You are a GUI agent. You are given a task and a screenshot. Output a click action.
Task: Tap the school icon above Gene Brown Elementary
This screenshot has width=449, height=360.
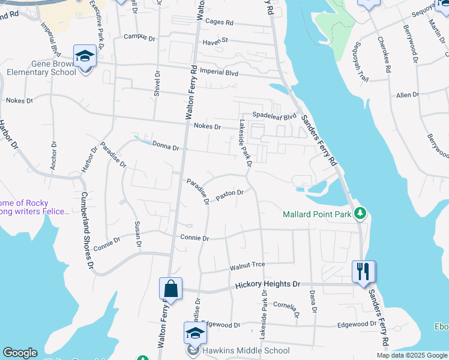(85, 56)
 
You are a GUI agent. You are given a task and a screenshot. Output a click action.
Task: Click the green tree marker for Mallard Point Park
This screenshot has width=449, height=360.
(360, 213)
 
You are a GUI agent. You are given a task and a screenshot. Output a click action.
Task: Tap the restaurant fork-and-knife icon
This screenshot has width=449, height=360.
(363, 271)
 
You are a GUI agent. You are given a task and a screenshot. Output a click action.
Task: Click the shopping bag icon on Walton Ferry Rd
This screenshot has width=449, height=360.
(170, 289)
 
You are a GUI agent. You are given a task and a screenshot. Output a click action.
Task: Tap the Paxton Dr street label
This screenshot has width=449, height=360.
(229, 196)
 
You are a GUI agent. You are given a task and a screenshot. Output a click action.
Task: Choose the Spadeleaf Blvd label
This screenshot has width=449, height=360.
(274, 116)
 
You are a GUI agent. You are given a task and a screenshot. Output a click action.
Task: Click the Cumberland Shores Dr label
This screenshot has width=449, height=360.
(88, 230)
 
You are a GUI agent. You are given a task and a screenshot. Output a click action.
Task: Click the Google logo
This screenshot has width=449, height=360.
(20, 353)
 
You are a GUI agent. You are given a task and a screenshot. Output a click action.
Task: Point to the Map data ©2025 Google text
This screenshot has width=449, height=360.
(411, 355)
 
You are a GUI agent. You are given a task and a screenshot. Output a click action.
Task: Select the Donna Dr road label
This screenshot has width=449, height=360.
(166, 146)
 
